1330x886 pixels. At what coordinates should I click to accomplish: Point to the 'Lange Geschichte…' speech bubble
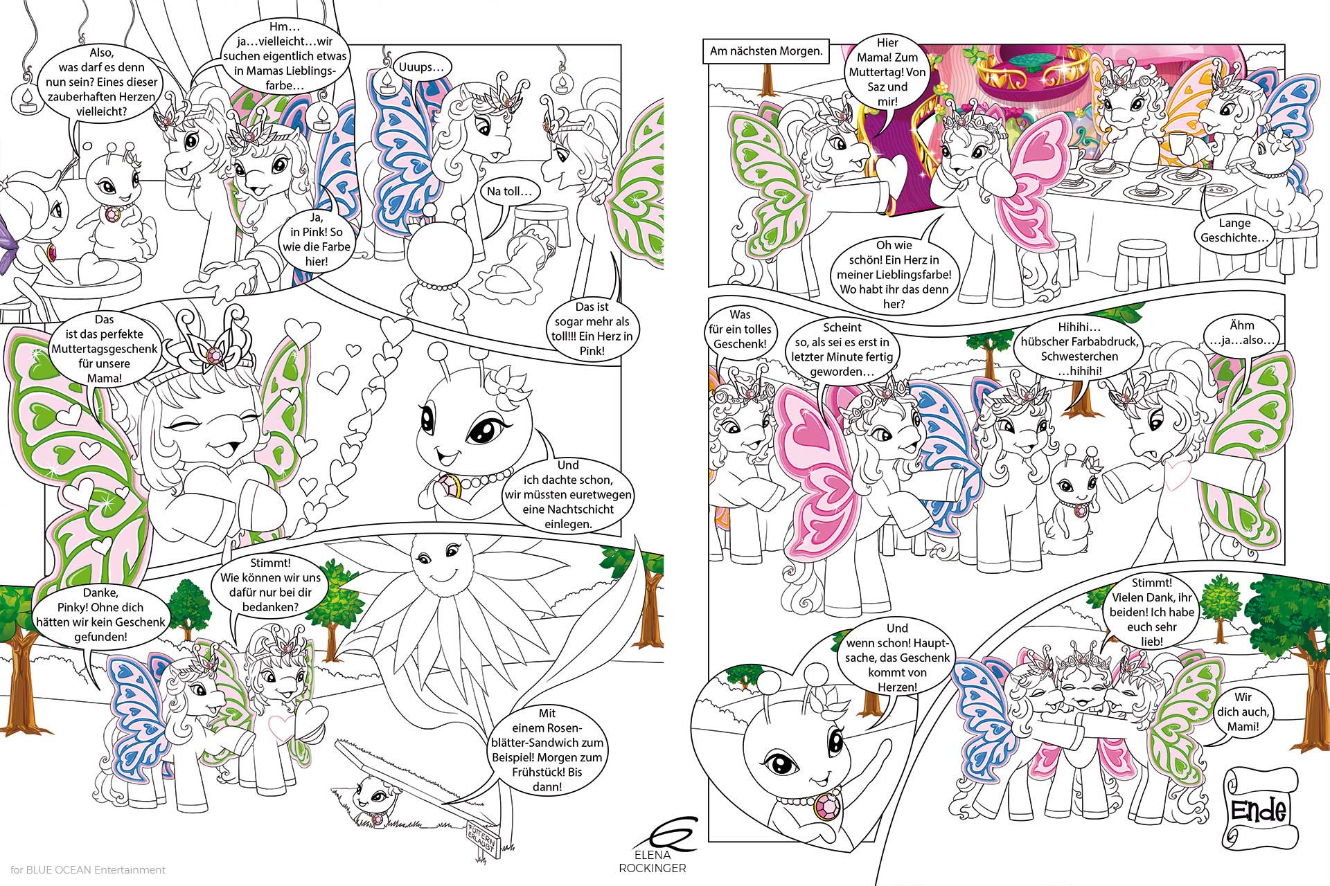[x=1236, y=230]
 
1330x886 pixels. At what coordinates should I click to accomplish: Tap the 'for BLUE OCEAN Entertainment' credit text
[x=88, y=870]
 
